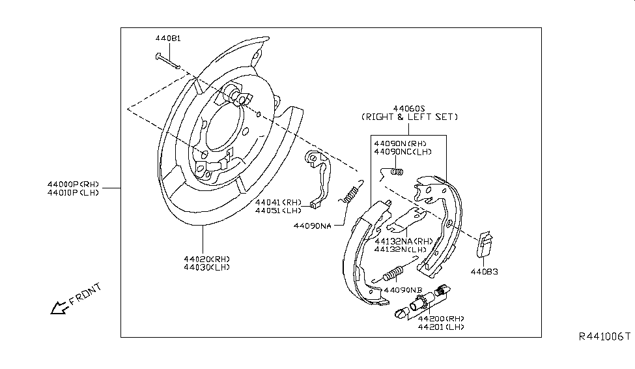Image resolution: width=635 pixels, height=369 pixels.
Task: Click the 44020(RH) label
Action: tap(207, 259)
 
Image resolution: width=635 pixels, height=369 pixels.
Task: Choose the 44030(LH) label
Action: tap(207, 267)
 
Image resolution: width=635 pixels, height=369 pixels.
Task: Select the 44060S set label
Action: tap(408, 108)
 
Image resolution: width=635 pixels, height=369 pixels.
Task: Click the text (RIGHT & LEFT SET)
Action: tap(409, 117)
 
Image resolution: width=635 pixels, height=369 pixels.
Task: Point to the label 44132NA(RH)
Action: tap(403, 241)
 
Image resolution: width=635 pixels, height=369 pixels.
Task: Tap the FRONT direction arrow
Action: tap(60, 306)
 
